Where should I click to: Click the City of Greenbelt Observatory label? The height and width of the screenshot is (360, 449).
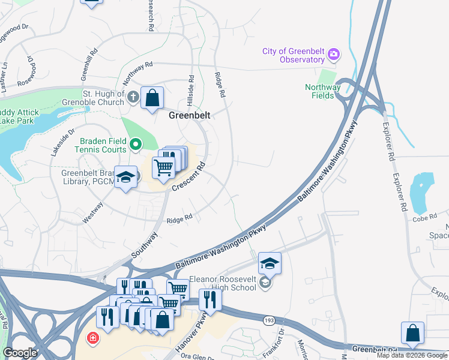294,55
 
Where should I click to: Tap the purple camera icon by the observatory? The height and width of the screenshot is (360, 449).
333,56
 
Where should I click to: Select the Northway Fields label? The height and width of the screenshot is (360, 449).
322,91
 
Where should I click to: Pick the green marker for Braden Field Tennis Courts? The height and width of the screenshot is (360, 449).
136,144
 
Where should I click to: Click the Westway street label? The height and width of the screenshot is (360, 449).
89,217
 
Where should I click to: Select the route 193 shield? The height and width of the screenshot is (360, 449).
267,321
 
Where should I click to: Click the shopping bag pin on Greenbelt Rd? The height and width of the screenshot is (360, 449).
412,333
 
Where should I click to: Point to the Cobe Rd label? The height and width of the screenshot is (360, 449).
424,219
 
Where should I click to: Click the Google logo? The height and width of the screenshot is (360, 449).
20,353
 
